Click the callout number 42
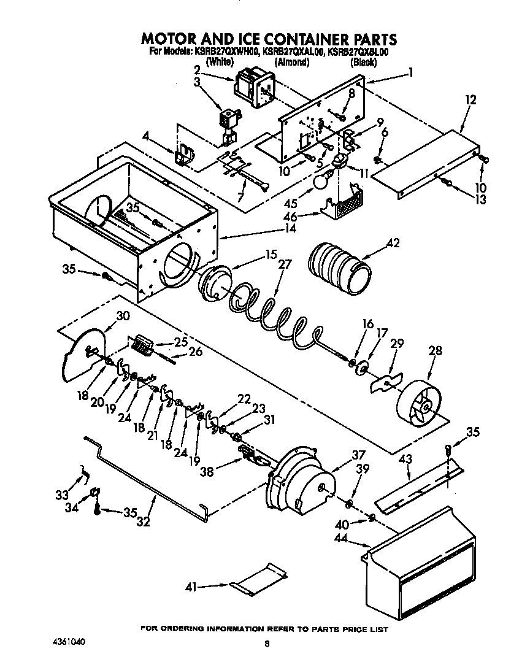coord(393,244)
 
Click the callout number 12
coord(470,99)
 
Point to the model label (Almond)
coord(291,63)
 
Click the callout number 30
coord(123,317)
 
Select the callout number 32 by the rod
coord(142,522)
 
